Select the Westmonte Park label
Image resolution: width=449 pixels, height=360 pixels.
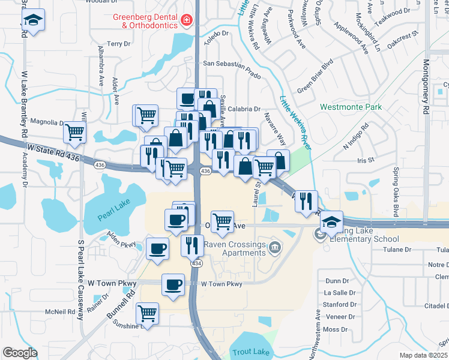[351, 107]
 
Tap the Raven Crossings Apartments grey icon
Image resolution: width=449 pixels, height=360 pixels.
[275, 246]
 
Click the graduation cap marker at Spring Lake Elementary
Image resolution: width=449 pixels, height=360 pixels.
[331, 221]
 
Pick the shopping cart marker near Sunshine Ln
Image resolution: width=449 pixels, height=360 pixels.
[147, 313]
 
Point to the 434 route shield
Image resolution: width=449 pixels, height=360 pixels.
[196, 263]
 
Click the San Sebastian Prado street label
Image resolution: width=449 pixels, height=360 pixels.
[232, 62]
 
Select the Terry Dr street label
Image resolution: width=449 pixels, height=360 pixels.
[118, 44]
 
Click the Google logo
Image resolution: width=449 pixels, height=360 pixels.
[20, 353]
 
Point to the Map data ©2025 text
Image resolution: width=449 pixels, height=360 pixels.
[424, 355]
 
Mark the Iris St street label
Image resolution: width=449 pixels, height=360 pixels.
[365, 160]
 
